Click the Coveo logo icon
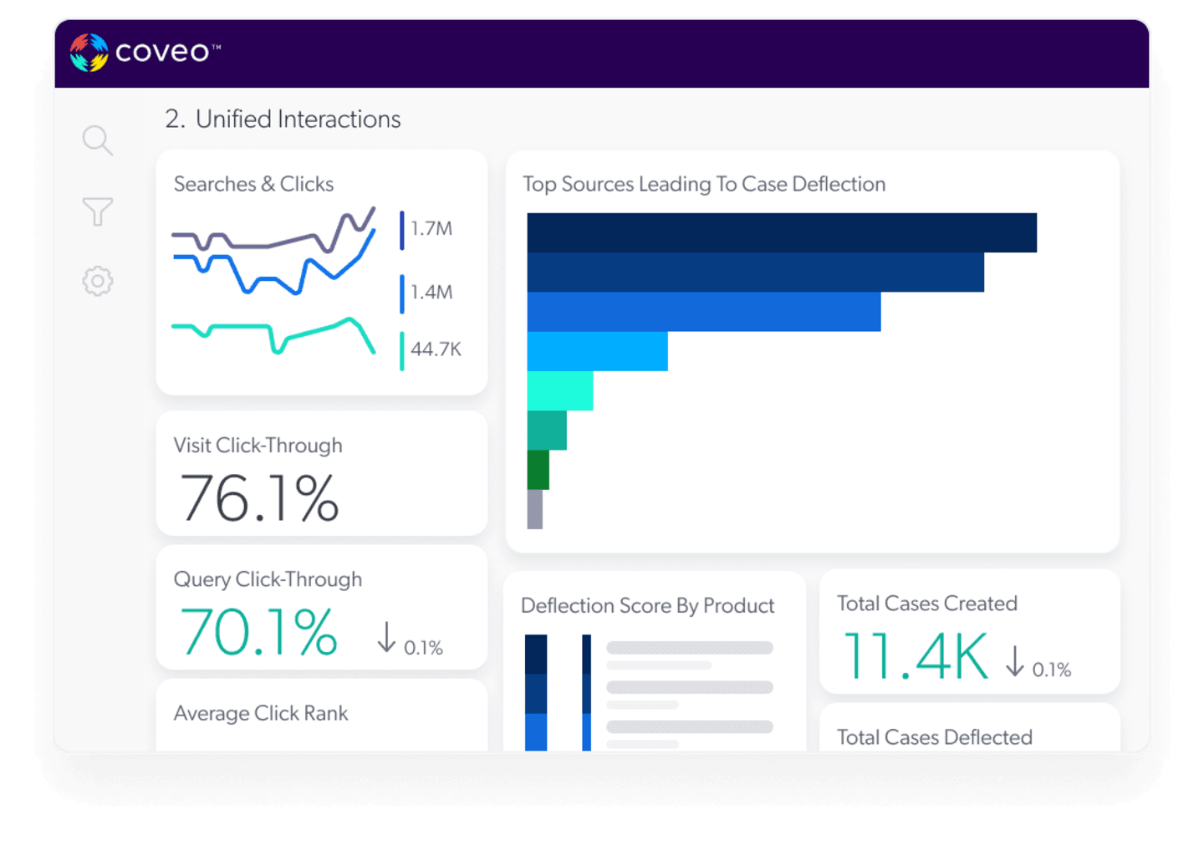tap(89, 53)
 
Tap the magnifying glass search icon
tap(97, 140)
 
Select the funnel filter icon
tap(97, 212)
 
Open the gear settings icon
tap(97, 281)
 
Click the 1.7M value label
tap(431, 229)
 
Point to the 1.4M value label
tap(431, 293)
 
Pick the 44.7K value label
tap(436, 349)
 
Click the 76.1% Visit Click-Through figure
tap(259, 498)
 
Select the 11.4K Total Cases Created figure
tap(916, 655)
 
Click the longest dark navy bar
tap(782, 232)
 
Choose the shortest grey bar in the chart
tap(535, 509)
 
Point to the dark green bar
tap(538, 470)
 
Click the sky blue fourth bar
tap(597, 351)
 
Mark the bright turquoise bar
tap(559, 390)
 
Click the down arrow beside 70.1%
tap(386, 637)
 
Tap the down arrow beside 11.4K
tap(1015, 660)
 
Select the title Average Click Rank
tap(261, 713)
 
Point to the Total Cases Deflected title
tap(934, 737)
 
